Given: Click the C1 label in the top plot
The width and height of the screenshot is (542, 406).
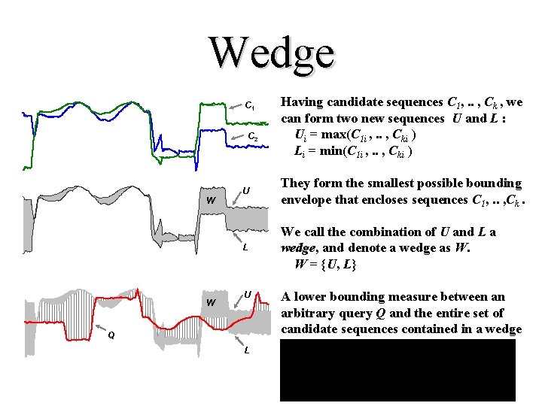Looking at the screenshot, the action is coord(251,106).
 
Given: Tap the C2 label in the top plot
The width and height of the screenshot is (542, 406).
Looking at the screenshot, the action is coord(254,138).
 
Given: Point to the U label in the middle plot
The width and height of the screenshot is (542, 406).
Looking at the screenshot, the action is coord(247,190).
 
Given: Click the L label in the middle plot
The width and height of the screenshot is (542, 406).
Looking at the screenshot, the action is coord(245,248).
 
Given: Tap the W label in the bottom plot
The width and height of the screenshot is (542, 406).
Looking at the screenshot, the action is coord(212,303).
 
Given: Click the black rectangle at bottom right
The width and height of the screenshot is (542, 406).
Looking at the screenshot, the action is coord(397,370).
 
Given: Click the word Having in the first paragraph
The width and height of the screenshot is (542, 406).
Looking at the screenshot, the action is coord(303,102).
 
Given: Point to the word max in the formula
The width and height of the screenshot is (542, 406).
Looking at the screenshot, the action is coord(337,135).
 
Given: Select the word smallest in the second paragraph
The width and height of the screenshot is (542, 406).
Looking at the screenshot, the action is coord(396,183).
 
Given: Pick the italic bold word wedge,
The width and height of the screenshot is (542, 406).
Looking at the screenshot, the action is coord(299,249).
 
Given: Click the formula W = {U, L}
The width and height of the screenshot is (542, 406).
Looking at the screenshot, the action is coord(325,265).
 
